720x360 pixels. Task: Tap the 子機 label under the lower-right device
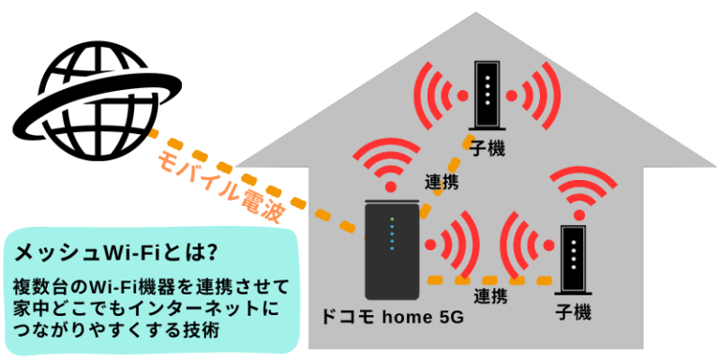pos(573,312)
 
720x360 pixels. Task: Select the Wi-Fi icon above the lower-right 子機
pos(573,191)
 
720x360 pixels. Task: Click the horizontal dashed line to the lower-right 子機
pos(488,280)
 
